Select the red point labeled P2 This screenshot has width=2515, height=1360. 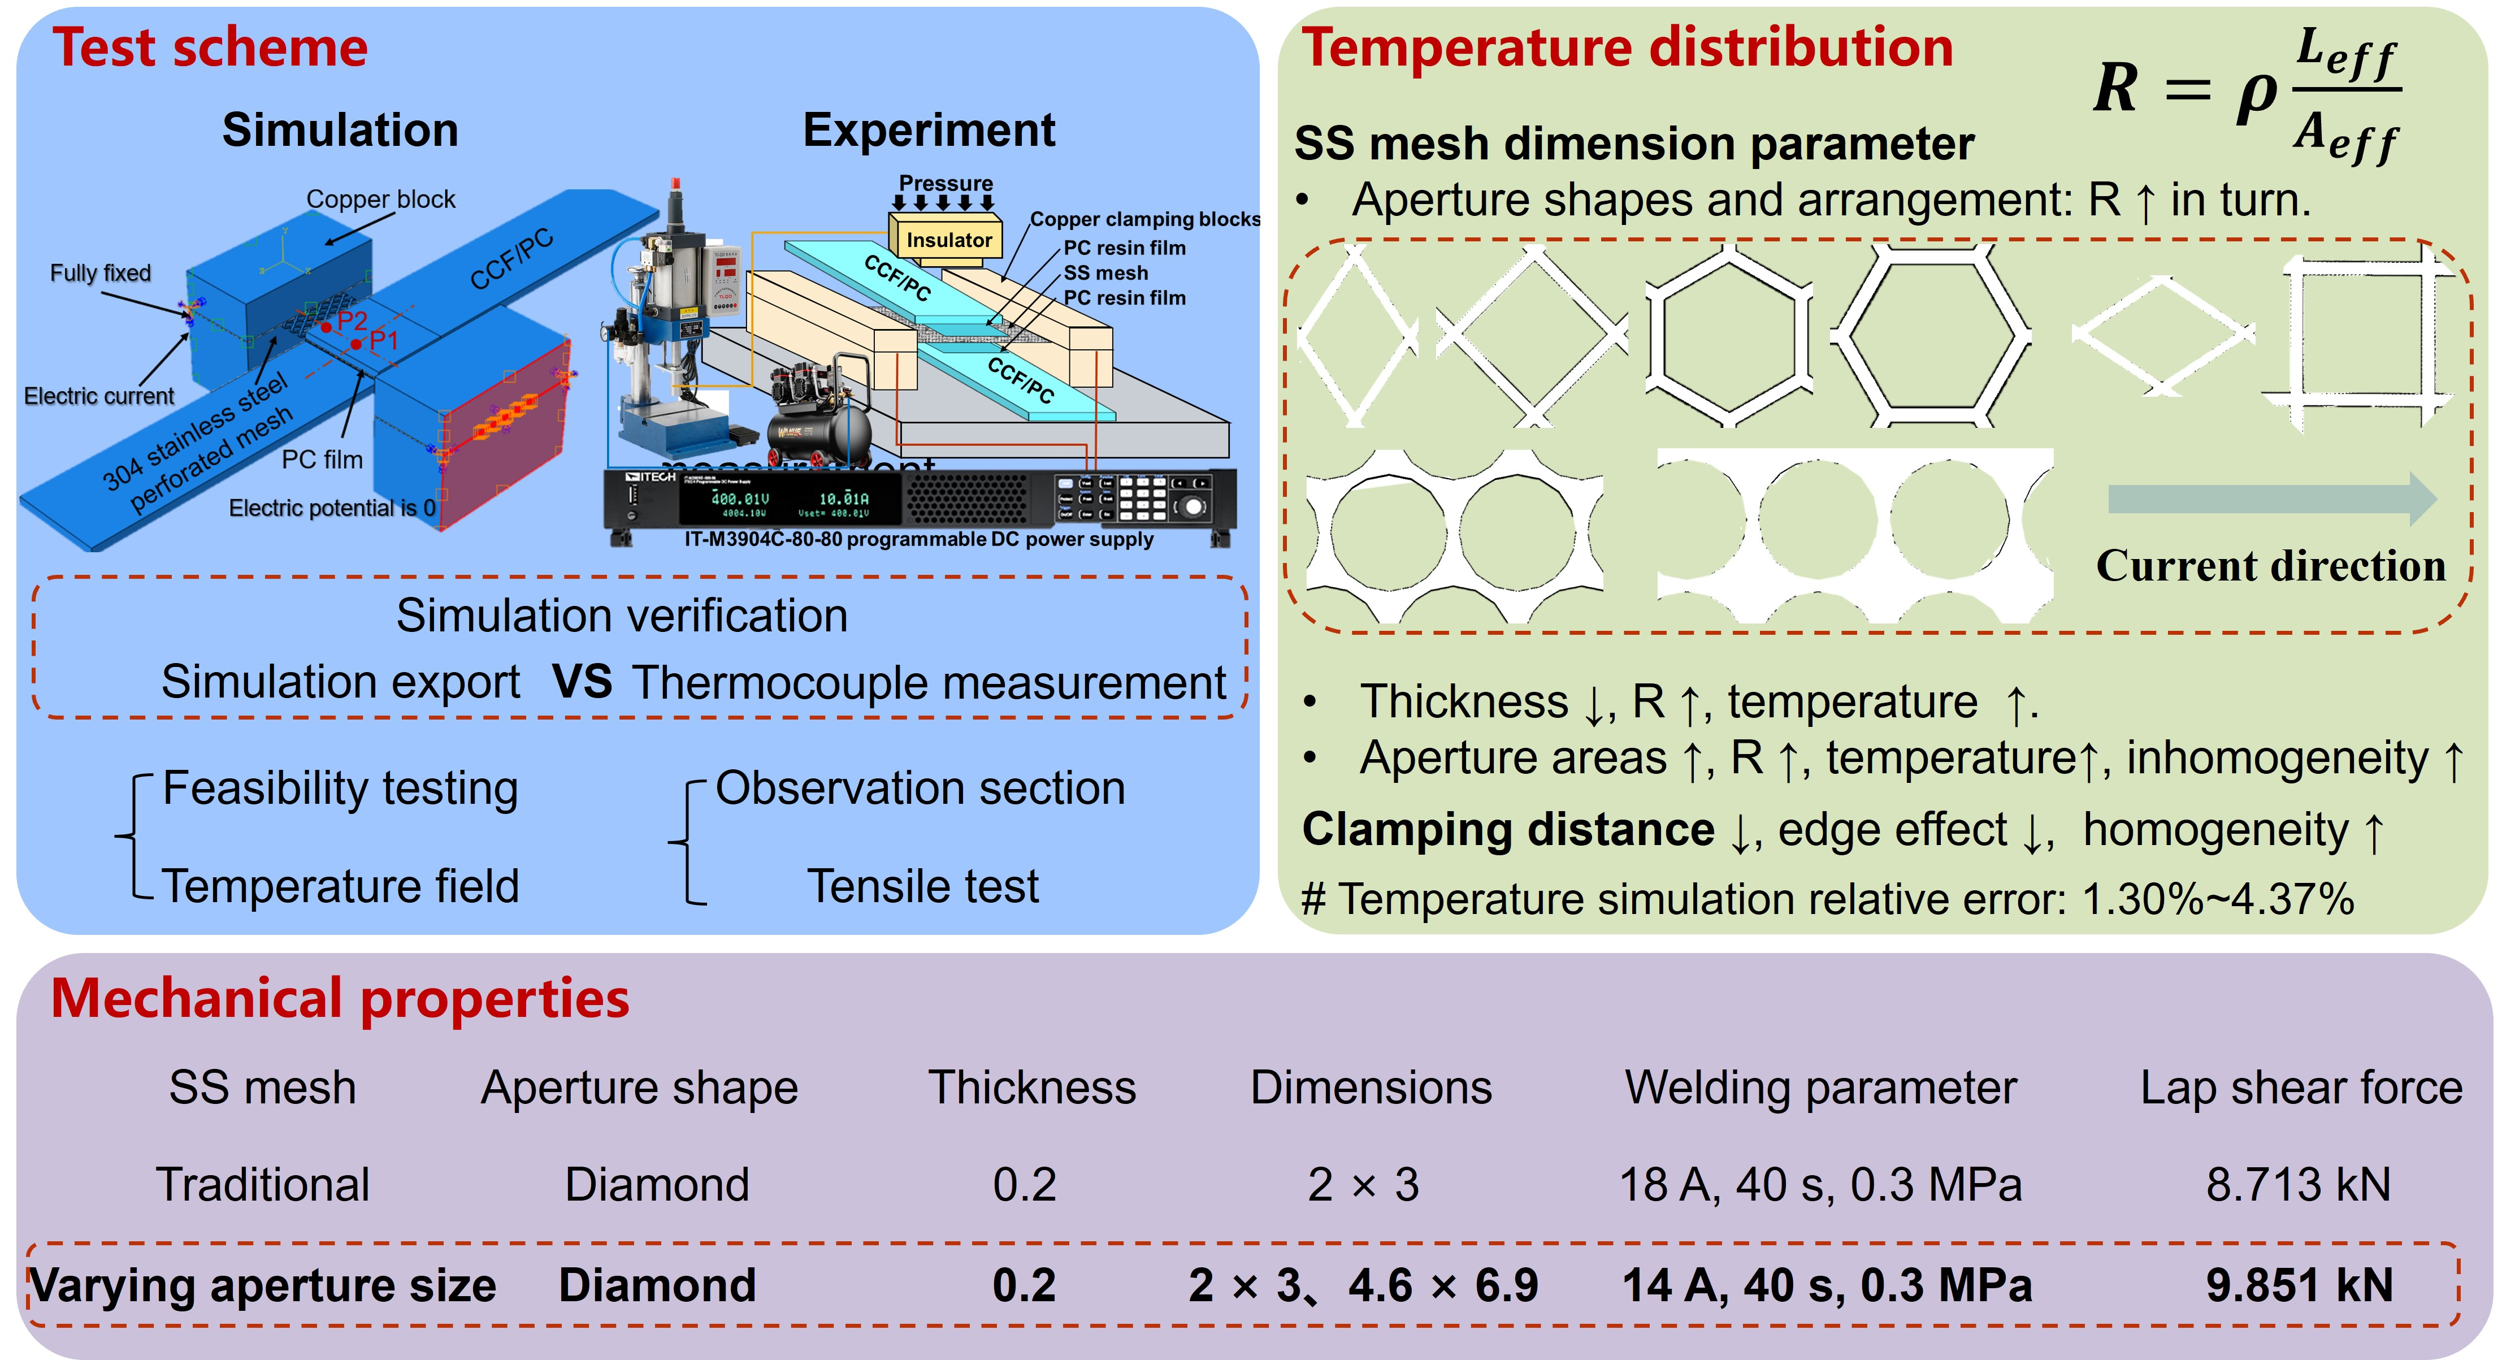(326, 327)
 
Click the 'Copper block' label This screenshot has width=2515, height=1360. (381, 199)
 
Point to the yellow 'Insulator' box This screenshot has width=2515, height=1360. (947, 239)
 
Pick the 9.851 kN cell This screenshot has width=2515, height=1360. (2299, 1285)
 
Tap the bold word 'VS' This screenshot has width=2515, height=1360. (582, 682)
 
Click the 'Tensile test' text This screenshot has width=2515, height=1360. (922, 886)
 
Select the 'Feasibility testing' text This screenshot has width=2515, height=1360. (340, 788)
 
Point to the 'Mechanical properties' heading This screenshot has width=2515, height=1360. (340, 998)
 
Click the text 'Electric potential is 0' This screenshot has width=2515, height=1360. (332, 508)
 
